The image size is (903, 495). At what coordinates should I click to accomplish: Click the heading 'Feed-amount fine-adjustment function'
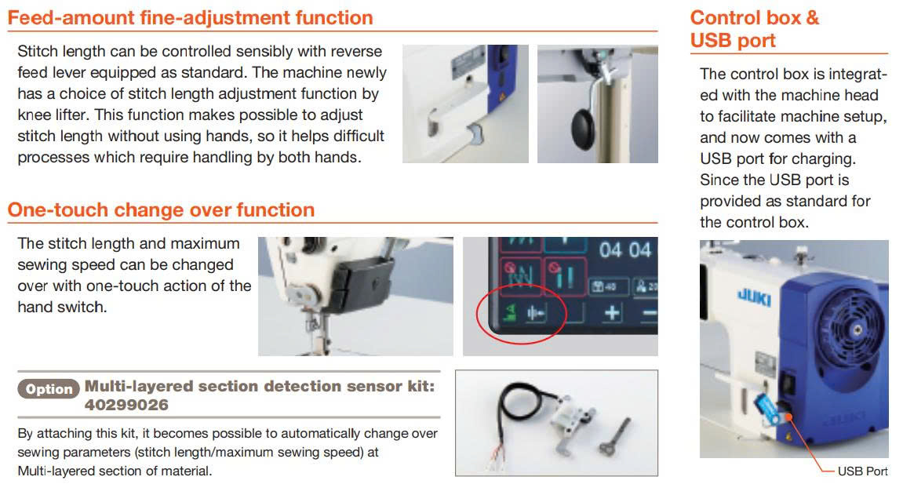(x=190, y=18)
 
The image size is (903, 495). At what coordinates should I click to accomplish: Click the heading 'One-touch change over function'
(x=162, y=210)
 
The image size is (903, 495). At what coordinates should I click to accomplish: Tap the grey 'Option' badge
(x=49, y=389)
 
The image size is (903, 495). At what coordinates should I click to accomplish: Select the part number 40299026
(x=126, y=406)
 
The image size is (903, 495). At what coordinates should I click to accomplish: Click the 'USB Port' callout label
(x=863, y=471)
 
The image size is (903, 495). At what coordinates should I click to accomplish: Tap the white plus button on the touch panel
(x=612, y=312)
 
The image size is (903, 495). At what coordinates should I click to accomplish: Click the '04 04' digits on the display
(x=624, y=249)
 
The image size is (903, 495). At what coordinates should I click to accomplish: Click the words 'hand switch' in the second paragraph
(x=62, y=308)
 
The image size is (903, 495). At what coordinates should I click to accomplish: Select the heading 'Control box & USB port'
(x=755, y=29)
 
